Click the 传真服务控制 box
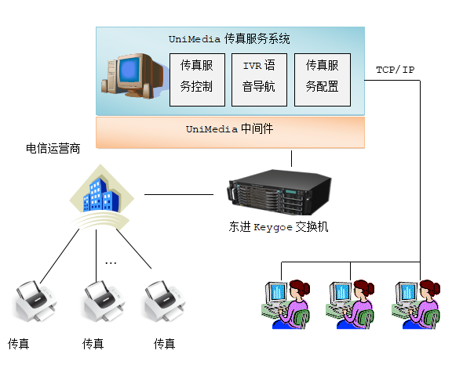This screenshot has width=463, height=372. pyautogui.click(x=197, y=80)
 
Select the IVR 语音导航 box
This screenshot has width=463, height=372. pyautogui.click(x=259, y=80)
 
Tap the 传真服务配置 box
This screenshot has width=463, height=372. pyautogui.click(x=323, y=80)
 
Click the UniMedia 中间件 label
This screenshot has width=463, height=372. pyautogui.click(x=229, y=129)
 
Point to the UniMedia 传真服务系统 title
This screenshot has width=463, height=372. pyautogui.click(x=229, y=39)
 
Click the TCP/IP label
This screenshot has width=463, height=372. pyautogui.click(x=395, y=70)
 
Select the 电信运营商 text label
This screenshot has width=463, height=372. pyautogui.click(x=53, y=148)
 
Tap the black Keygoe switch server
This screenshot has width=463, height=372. pyautogui.click(x=279, y=192)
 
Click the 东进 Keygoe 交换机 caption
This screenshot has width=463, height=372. pyautogui.click(x=279, y=227)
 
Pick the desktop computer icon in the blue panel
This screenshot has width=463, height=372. pyautogui.click(x=132, y=75)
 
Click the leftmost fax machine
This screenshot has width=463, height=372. pyautogui.click(x=35, y=301)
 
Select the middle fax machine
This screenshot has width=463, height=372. pyautogui.click(x=104, y=301)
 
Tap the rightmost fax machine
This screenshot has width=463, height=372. pyautogui.click(x=164, y=301)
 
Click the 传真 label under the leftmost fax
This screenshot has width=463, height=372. pyautogui.click(x=19, y=344)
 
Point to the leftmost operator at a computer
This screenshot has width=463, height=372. pyautogui.click(x=286, y=304)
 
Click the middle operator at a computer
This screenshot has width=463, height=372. pyautogui.click(x=350, y=304)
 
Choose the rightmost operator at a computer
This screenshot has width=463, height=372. pyautogui.click(x=416, y=304)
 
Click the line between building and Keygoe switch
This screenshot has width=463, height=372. pyautogui.click(x=179, y=194)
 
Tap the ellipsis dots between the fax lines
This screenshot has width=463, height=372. pyautogui.click(x=111, y=262)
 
